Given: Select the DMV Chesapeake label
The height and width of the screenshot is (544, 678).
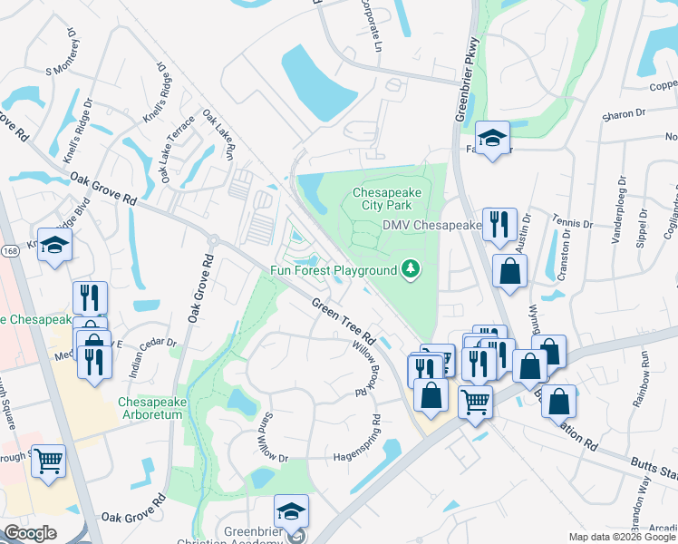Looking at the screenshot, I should (x=431, y=225).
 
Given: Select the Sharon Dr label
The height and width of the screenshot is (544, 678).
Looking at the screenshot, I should (x=625, y=116).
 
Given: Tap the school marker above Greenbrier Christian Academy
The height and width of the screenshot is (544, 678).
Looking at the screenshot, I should (x=292, y=511).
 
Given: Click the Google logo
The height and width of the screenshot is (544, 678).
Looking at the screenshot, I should (x=30, y=533).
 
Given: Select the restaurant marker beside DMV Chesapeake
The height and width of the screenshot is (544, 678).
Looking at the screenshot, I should (x=499, y=224).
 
